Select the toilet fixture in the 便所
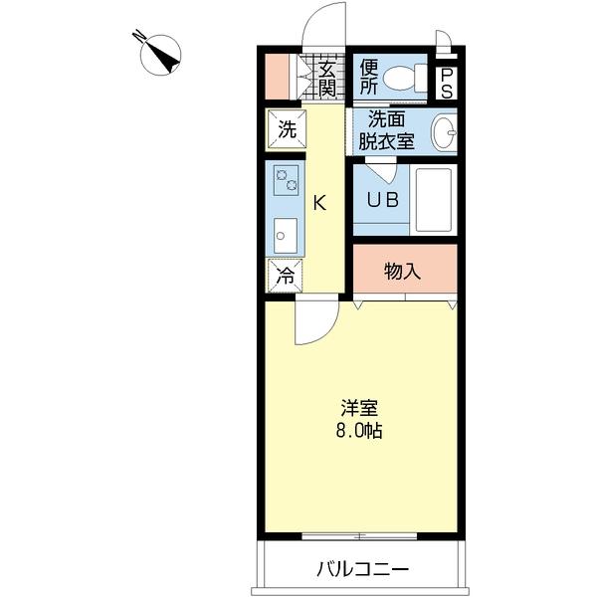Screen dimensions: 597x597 403,78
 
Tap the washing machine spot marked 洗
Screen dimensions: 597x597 286,128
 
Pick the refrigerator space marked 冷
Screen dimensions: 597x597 285,276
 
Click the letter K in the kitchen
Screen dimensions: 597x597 319,203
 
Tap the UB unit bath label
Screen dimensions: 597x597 382,199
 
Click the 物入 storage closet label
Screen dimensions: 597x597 404,271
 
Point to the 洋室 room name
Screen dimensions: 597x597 359,409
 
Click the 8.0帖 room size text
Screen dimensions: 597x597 359,432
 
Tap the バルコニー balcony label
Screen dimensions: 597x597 362,570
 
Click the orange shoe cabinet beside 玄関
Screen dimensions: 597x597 276,78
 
